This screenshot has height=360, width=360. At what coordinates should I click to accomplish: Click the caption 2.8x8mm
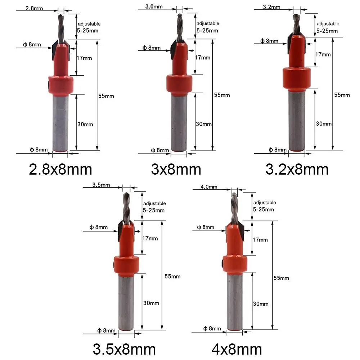[60, 169]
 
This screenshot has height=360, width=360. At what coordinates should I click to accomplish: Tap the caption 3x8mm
[176, 169]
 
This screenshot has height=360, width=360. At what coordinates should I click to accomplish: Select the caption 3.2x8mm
[297, 169]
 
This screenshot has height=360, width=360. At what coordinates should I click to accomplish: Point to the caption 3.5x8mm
[124, 349]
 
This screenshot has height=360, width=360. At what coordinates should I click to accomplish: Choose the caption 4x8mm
[237, 349]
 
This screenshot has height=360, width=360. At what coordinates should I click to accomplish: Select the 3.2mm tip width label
[270, 7]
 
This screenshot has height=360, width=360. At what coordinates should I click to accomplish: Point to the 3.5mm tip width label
[101, 185]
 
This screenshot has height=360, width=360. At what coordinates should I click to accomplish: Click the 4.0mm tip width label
[209, 186]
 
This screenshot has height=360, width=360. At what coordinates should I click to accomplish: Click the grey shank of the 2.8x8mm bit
[60, 122]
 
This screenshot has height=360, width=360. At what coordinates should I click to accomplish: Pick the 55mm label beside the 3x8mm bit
[222, 95]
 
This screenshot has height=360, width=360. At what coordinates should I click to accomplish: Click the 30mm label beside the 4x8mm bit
[261, 304]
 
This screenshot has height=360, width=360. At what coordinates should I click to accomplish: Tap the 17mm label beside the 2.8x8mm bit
[85, 58]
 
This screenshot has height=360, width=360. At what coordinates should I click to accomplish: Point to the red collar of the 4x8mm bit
[235, 265]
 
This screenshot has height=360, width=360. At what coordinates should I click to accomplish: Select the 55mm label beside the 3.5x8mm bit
[172, 276]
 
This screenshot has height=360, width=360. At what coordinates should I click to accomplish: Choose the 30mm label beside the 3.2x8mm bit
[324, 123]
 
